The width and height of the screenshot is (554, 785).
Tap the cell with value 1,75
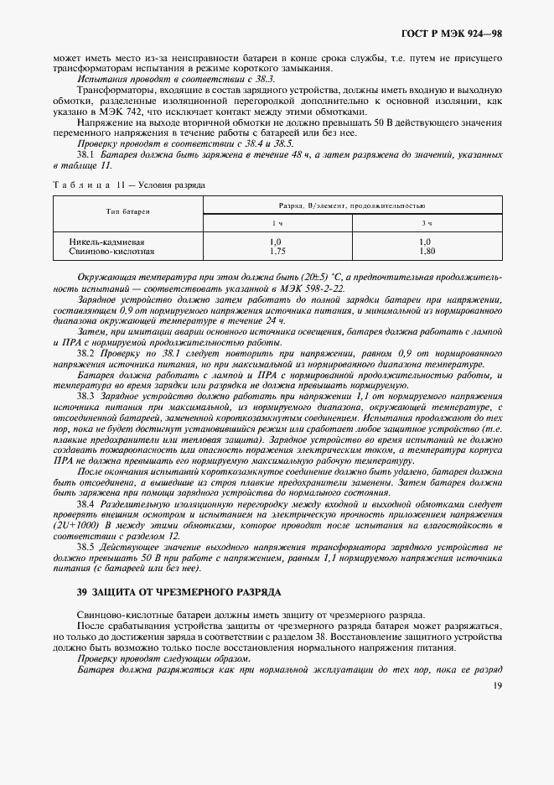[277, 251]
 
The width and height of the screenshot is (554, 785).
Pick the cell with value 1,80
[427, 251]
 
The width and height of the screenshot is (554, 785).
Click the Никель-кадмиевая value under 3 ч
[427, 242]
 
